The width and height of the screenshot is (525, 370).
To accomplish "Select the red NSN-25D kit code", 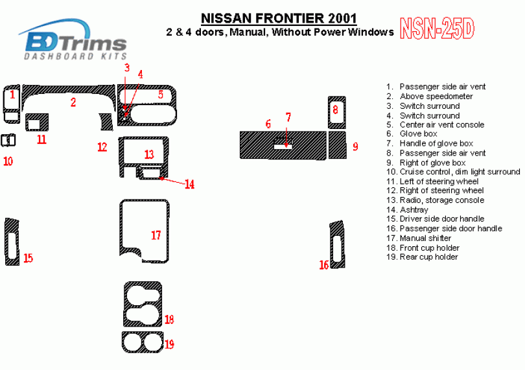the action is point(437,29).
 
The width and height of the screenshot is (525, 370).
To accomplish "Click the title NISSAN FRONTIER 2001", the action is point(279,18).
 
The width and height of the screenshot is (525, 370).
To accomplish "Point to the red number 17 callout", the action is point(156,235).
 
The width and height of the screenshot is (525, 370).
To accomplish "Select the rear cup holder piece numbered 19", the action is point(124,342).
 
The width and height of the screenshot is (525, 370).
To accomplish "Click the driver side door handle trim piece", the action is point(7,242).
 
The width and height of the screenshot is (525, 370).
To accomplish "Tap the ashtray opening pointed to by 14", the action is point(151,173).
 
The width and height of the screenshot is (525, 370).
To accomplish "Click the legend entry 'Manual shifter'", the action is point(425,238).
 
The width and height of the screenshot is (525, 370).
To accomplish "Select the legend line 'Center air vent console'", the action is point(441,125).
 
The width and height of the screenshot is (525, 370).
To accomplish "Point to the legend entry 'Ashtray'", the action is point(414,210).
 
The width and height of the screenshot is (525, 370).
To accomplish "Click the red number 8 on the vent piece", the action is point(336,110).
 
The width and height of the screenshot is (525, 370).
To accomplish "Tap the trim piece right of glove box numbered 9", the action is point(337,145).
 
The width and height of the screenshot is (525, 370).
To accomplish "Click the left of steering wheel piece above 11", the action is point(37,117).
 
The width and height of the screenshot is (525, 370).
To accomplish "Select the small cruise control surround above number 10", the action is point(8,141).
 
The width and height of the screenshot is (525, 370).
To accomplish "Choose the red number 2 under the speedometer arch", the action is point(73,102).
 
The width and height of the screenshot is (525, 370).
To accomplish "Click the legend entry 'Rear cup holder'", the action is point(428,257).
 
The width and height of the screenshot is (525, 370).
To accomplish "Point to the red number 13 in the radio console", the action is point(149,154).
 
